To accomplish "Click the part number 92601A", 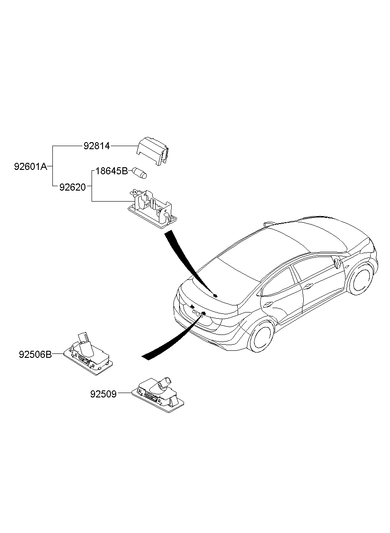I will (x=30, y=167).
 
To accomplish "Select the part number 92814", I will (x=96, y=146).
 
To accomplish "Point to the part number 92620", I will (x=72, y=187).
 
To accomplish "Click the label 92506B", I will (x=35, y=354).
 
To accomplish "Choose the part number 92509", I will (x=103, y=394).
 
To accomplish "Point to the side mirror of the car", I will (x=338, y=263).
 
